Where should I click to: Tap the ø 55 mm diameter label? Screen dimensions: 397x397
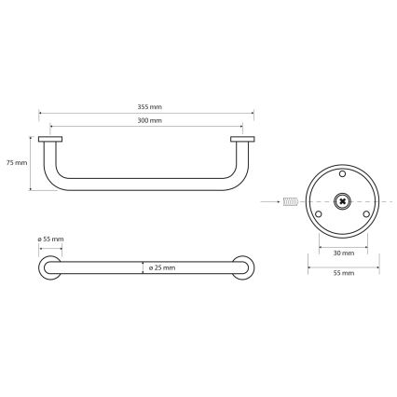(x=50, y=240)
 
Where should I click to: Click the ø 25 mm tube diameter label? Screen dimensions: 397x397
(x=161, y=267)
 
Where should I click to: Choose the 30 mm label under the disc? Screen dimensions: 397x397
(x=342, y=253)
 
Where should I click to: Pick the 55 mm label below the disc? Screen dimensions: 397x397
(x=342, y=273)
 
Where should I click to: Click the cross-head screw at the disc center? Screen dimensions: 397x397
(x=342, y=200)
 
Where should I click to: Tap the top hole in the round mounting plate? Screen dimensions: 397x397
(x=342, y=173)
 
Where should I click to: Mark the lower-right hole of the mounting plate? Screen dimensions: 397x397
(x=365, y=214)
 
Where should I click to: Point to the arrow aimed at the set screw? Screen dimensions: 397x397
(x=272, y=200)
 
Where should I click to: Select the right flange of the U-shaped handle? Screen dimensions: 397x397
(x=242, y=141)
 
